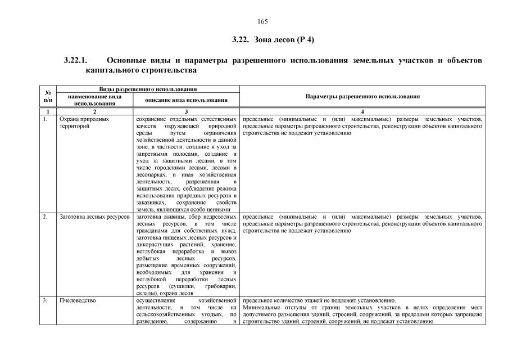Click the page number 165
[262, 22]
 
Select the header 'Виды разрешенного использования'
[148, 89]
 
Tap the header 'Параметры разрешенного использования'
[362, 97]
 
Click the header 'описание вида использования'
[186, 100]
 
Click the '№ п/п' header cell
[48, 96]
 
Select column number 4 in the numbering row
[362, 112]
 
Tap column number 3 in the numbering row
[186, 112]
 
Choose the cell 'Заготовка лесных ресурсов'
[94, 217]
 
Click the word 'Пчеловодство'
[78, 300]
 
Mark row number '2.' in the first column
[45, 217]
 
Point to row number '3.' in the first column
[45, 300]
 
